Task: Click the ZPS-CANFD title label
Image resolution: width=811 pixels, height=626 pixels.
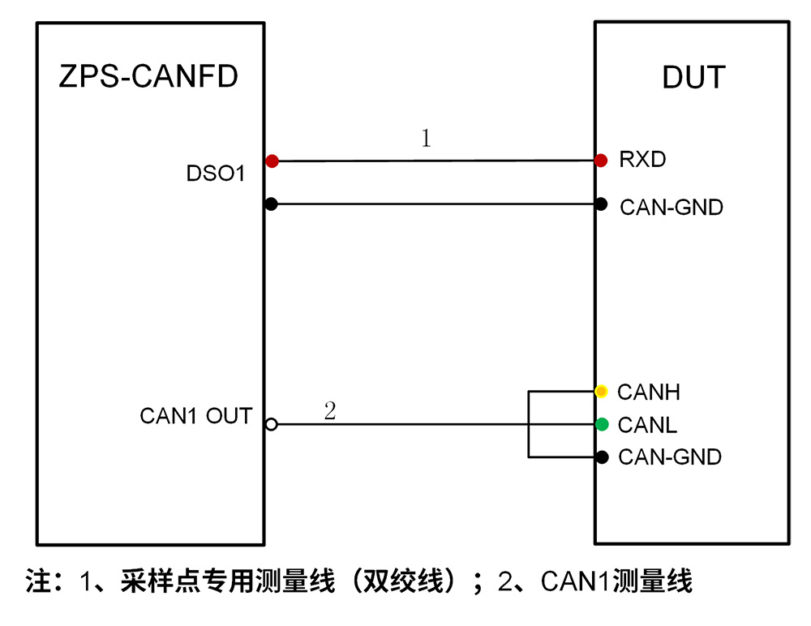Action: pos(148,76)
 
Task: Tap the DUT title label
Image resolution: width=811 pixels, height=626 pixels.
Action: pos(694,78)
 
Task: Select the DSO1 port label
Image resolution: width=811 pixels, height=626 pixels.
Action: pos(215,174)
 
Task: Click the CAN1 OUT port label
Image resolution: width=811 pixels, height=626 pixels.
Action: pos(196,416)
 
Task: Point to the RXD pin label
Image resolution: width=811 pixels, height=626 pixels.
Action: pos(642,160)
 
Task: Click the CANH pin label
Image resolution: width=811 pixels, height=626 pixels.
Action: pos(649,392)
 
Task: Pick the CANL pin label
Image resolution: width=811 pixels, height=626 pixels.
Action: pos(647,425)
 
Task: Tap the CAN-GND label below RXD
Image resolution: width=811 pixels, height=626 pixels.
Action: pos(672,208)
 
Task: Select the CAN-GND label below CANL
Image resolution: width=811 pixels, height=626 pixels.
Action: pos(670,457)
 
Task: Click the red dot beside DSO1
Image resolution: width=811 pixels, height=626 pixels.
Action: pos(272,161)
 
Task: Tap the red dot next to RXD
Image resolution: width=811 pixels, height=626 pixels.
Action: pos(600,161)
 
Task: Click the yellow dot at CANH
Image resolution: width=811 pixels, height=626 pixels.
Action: pos(601,391)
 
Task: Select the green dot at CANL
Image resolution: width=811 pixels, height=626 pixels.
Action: pos(602,424)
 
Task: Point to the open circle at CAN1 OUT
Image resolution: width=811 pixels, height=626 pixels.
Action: pos(272,425)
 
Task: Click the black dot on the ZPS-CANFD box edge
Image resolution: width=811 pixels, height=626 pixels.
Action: pos(271,204)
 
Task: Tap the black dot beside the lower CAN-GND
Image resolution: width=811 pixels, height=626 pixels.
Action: pos(602,457)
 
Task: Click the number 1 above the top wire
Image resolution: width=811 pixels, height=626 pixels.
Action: pos(426,138)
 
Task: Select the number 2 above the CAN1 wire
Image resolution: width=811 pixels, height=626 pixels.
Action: pos(330,411)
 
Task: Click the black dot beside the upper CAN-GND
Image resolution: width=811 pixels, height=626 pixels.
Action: pos(600,204)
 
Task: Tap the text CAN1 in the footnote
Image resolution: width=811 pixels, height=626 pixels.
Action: pos(576,581)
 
